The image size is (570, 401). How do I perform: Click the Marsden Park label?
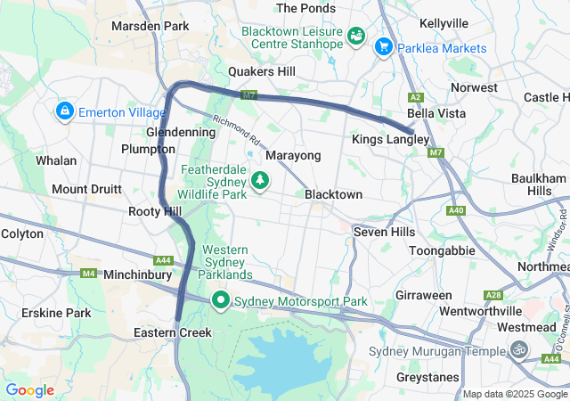tap(150, 27)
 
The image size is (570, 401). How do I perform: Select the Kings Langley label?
tap(390, 140)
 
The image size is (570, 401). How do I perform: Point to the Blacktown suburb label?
tap(333, 194)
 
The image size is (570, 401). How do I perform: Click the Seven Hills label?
tap(384, 232)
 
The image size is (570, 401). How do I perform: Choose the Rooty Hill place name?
tap(155, 211)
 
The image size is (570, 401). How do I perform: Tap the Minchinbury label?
tap(138, 275)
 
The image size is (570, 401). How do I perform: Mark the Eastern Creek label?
tap(172, 332)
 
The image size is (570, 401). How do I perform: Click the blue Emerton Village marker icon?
tap(64, 111)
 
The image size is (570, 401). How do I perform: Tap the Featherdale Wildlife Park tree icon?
tap(260, 181)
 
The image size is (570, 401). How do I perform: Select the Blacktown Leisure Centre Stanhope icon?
tap(356, 36)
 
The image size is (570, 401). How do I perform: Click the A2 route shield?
tap(415, 96)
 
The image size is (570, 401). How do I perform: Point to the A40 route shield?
tap(457, 210)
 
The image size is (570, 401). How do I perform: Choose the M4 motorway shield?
tap(88, 274)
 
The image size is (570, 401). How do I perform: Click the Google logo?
tap(29, 390)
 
